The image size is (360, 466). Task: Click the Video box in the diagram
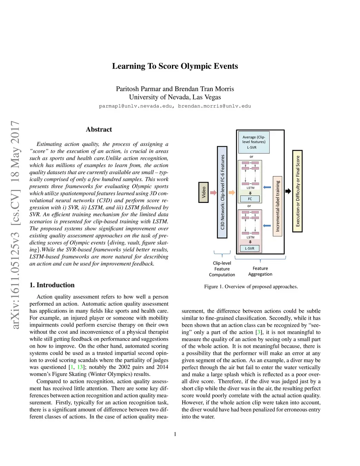click(x=203, y=192)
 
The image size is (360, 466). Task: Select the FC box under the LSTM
click(x=250, y=199)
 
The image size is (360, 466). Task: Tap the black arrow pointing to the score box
click(x=288, y=191)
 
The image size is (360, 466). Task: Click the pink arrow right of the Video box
click(x=213, y=192)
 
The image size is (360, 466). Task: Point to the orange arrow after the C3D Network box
click(x=232, y=192)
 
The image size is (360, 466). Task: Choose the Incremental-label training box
click(x=277, y=206)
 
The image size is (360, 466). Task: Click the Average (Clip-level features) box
click(x=254, y=142)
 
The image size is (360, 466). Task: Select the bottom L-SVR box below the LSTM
click(x=250, y=248)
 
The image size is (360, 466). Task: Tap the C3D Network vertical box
click(x=222, y=192)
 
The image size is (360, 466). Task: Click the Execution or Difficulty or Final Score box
click(x=297, y=191)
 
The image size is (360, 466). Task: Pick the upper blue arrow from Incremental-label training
click(x=267, y=187)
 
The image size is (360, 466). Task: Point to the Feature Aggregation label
click(x=260, y=271)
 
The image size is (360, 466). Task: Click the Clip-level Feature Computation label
click(x=222, y=269)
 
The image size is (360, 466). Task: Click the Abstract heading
click(x=99, y=129)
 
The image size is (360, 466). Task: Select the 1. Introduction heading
click(x=52, y=285)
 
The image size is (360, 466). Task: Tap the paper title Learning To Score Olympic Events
click(x=175, y=66)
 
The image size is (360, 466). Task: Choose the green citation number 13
click(x=80, y=367)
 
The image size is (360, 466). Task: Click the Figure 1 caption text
click(x=251, y=287)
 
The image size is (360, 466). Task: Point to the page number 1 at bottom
click(x=175, y=434)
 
